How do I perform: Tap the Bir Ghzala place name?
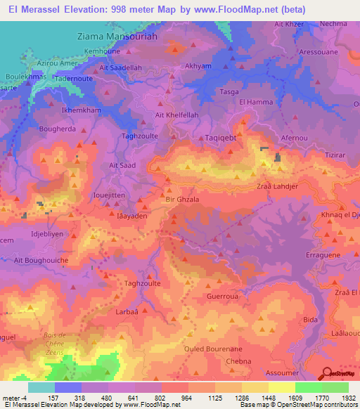[184, 200]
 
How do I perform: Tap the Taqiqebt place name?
[221, 120]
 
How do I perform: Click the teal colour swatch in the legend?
[41, 387]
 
